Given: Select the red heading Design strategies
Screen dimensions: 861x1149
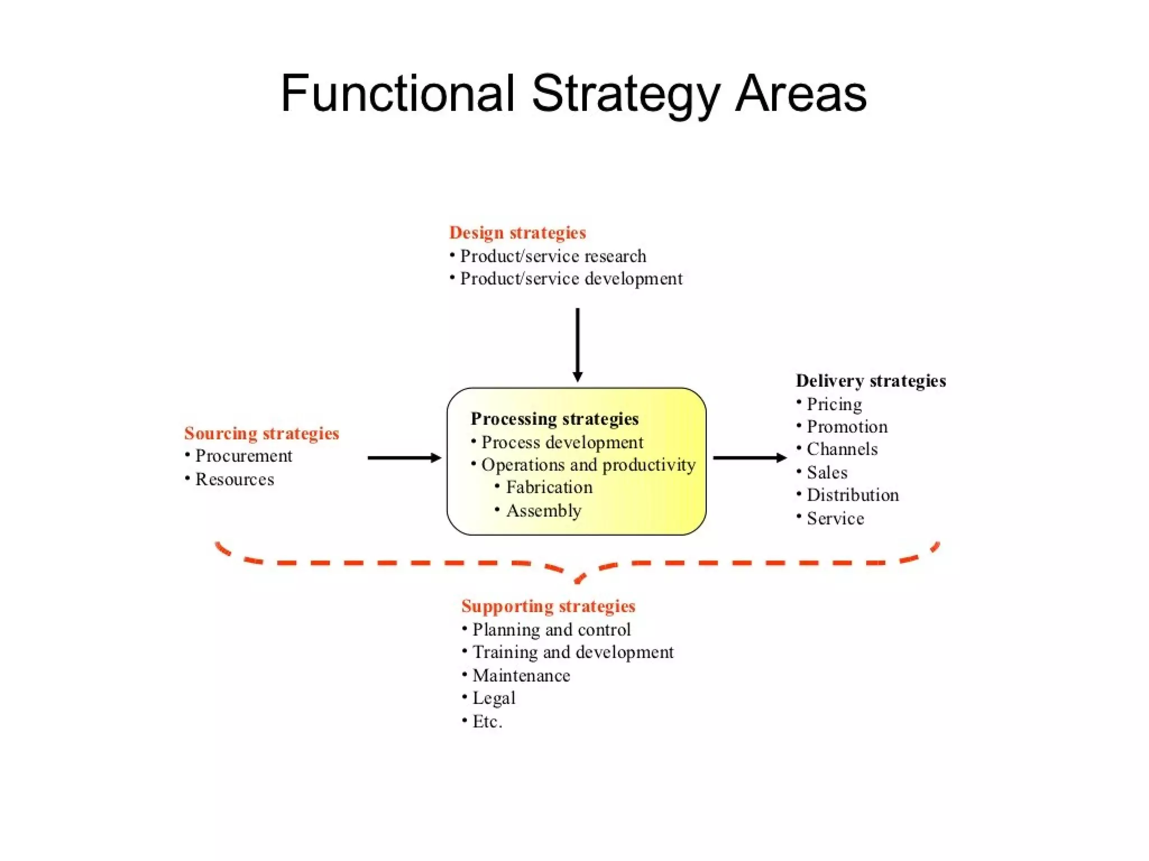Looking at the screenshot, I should coord(517,233).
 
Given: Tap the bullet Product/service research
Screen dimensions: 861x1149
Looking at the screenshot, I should coord(553,256).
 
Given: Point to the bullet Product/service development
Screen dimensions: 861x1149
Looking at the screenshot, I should coord(571,279).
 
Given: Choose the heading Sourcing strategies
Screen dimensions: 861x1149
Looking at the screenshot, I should coord(261,433).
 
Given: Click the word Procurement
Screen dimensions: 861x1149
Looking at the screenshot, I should coord(243,456).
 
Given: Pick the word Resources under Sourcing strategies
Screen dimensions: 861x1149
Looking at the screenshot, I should coord(235,479).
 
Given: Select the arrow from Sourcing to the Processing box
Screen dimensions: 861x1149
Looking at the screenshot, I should coord(404,458).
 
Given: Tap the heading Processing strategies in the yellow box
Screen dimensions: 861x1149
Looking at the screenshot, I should coord(554,419).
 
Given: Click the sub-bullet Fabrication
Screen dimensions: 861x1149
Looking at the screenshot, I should coord(549,487).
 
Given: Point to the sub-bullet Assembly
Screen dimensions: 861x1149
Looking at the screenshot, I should coord(543,511).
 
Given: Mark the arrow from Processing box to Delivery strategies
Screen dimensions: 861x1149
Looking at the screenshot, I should coord(750,458).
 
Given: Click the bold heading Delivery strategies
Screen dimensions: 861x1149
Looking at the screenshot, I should coord(871,381).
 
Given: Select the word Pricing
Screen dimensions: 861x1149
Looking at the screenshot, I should coord(834,404).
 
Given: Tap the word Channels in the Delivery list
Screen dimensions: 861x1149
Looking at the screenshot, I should coord(842,449).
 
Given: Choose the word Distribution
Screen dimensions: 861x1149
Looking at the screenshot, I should coord(852,495).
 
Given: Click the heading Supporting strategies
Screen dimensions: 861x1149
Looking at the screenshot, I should coord(548,606).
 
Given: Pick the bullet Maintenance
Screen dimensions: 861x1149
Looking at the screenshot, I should coord(521,675).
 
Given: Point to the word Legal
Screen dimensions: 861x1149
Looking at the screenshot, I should coord(494,698).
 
